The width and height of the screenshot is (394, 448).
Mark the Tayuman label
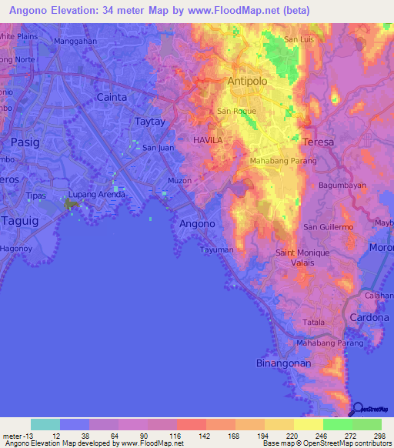[x=216, y=250]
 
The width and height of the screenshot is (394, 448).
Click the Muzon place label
[x=179, y=182]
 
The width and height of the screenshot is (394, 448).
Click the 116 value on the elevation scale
[x=175, y=435]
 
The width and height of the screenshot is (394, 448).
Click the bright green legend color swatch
[x=338, y=424]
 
